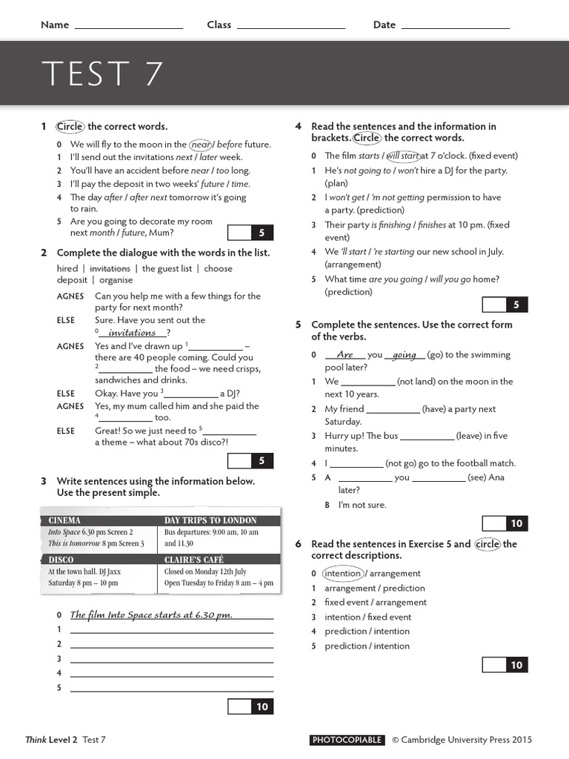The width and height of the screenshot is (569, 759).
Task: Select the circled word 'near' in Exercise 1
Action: click(x=201, y=145)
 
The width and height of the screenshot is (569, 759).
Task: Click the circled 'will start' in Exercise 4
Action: click(x=402, y=156)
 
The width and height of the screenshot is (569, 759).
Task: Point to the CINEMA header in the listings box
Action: click(x=64, y=520)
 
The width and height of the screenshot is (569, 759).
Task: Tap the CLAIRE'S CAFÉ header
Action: click(x=194, y=560)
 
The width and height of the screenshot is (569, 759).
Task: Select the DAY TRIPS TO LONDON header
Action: click(x=210, y=520)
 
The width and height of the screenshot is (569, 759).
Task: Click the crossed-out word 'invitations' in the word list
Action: click(x=110, y=268)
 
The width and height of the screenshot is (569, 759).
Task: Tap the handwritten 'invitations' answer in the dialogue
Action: click(x=132, y=333)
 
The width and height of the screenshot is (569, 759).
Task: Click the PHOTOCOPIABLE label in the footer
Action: click(x=347, y=740)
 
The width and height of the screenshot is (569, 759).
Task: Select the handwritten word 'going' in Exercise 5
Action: click(x=405, y=355)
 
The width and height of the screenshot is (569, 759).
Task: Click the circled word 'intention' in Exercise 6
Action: click(x=342, y=573)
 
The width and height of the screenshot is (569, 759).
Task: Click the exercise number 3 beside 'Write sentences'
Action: click(x=44, y=481)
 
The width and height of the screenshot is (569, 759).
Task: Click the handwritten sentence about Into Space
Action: click(x=151, y=614)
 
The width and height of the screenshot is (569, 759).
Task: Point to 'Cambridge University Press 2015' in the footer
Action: click(x=467, y=740)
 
